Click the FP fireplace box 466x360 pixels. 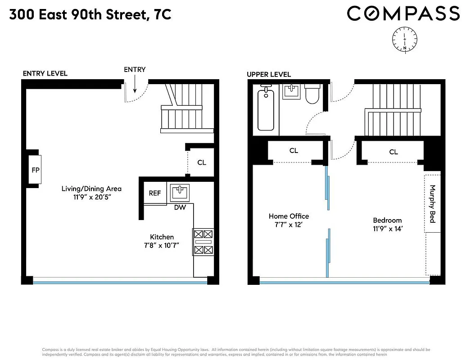35,170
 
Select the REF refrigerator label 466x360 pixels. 155,193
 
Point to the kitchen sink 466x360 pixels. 180,192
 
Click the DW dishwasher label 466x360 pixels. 180,207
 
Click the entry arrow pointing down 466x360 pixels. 135,83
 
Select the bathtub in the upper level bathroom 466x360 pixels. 266,110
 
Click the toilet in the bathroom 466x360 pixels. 312,94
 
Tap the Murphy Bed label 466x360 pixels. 433,204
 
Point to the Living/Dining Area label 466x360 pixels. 91,189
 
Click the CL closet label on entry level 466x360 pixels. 202,162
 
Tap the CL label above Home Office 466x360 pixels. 294,151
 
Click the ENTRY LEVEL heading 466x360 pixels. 45,73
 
